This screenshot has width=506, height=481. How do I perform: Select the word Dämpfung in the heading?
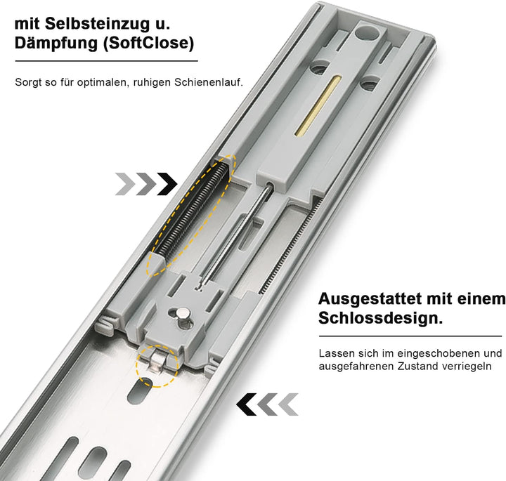tap(53, 44)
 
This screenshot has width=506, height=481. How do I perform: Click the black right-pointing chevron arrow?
tap(167, 184)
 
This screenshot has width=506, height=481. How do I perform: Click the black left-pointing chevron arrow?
tap(247, 404)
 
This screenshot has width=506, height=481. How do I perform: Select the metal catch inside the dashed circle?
tap(157, 362)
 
